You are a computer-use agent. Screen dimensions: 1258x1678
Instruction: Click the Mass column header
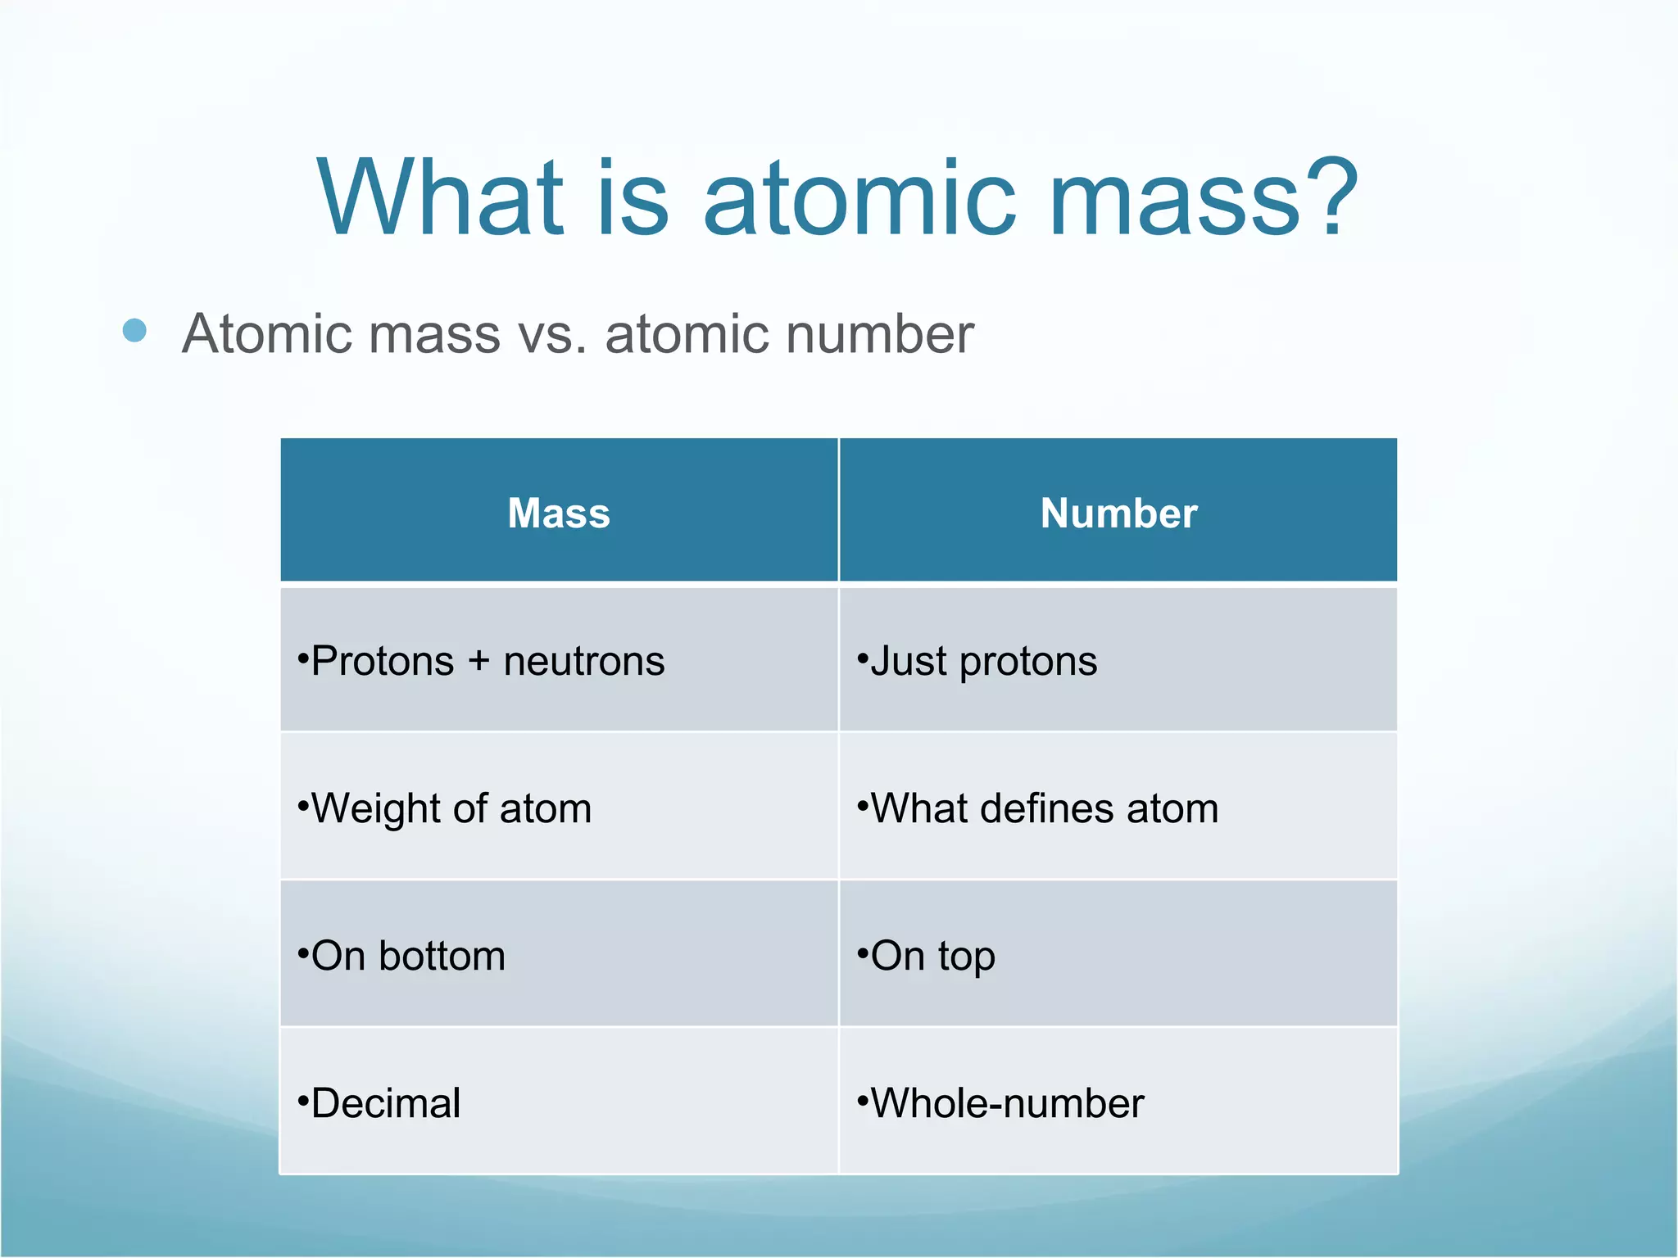pos(559,514)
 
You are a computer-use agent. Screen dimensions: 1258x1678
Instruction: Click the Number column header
pos(1118,514)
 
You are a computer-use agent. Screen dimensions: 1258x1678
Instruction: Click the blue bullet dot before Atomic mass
pos(134,331)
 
